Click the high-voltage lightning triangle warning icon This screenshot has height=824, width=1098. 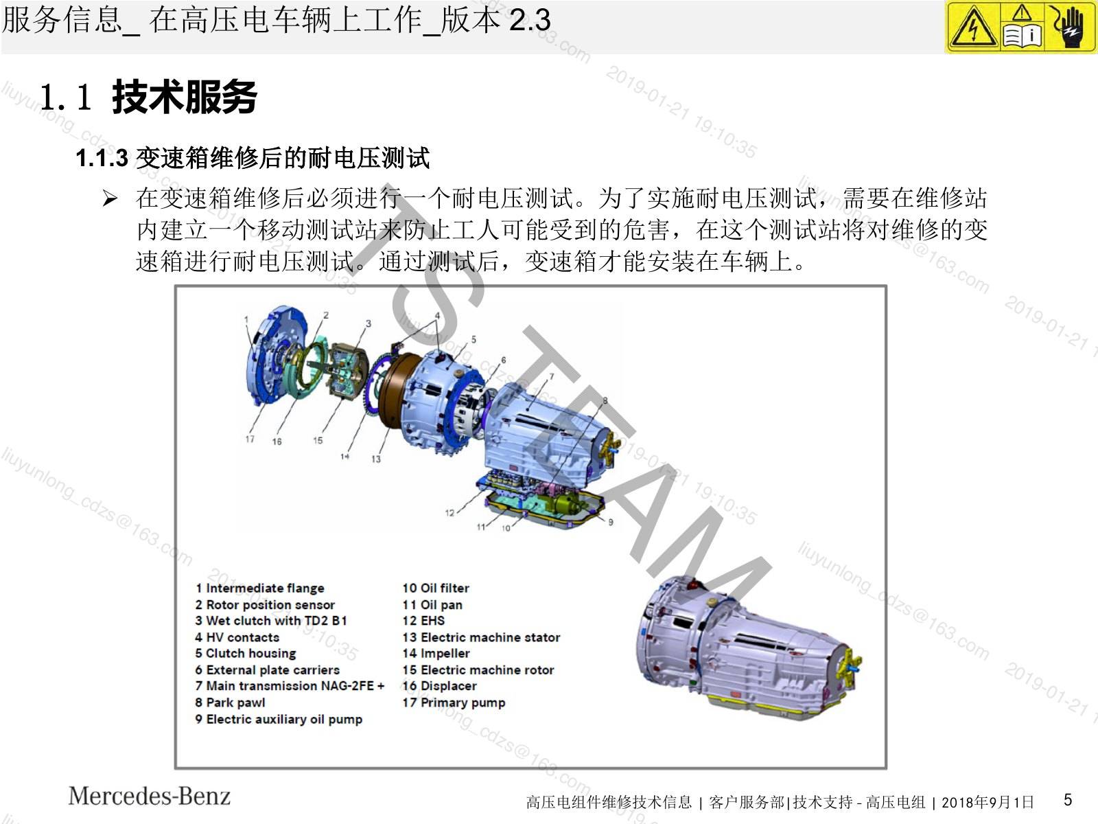pyautogui.click(x=973, y=27)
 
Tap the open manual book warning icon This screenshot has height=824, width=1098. pyautogui.click(x=1022, y=27)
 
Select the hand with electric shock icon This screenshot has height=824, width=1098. pyautogui.click(x=1068, y=27)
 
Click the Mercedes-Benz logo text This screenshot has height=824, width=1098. pyautogui.click(x=149, y=796)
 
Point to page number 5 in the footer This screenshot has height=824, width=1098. pyautogui.click(x=1068, y=799)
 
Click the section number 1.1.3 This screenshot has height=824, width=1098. pyautogui.click(x=102, y=158)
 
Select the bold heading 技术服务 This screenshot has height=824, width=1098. pyautogui.click(x=184, y=97)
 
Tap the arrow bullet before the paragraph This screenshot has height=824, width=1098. pyautogui.click(x=110, y=198)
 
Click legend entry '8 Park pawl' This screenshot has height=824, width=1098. pyautogui.click(x=230, y=702)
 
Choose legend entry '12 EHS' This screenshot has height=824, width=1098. pyautogui.click(x=423, y=620)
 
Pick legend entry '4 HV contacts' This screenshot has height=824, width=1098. pyautogui.click(x=237, y=637)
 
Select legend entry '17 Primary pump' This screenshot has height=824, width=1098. pyautogui.click(x=454, y=702)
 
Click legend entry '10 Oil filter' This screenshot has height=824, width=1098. pyautogui.click(x=436, y=588)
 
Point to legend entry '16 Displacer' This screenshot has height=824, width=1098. pyautogui.click(x=439, y=686)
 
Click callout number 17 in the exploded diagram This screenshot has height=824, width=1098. pyautogui.click(x=250, y=439)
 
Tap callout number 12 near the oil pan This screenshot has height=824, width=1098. pyautogui.click(x=449, y=512)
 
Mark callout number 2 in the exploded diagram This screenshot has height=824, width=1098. pyautogui.click(x=326, y=315)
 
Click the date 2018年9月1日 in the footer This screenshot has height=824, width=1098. pyautogui.click(x=988, y=802)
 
